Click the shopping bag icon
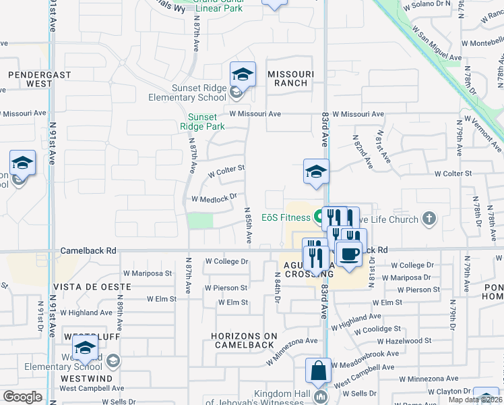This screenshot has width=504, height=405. pyautogui.click(x=318, y=371)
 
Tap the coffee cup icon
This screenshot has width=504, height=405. pyautogui.click(x=348, y=254)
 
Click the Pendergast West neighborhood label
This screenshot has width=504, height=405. pyautogui.click(x=30, y=78)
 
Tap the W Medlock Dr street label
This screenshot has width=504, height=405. pyautogui.click(x=214, y=198)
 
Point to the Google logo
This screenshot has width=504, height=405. pyautogui.click(x=23, y=396)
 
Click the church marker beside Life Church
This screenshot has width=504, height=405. pyautogui.click(x=428, y=218)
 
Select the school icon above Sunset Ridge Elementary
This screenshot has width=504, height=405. pyautogui.click(x=243, y=75)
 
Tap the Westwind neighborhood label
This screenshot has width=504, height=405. pyautogui.click(x=86, y=379)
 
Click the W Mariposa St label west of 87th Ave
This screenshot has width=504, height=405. pyautogui.click(x=151, y=273)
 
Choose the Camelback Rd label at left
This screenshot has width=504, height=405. pyautogui.click(x=88, y=250)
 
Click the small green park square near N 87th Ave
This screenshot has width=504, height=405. pyautogui.click(x=200, y=221)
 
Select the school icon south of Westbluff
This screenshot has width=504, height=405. pyautogui.click(x=85, y=348)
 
